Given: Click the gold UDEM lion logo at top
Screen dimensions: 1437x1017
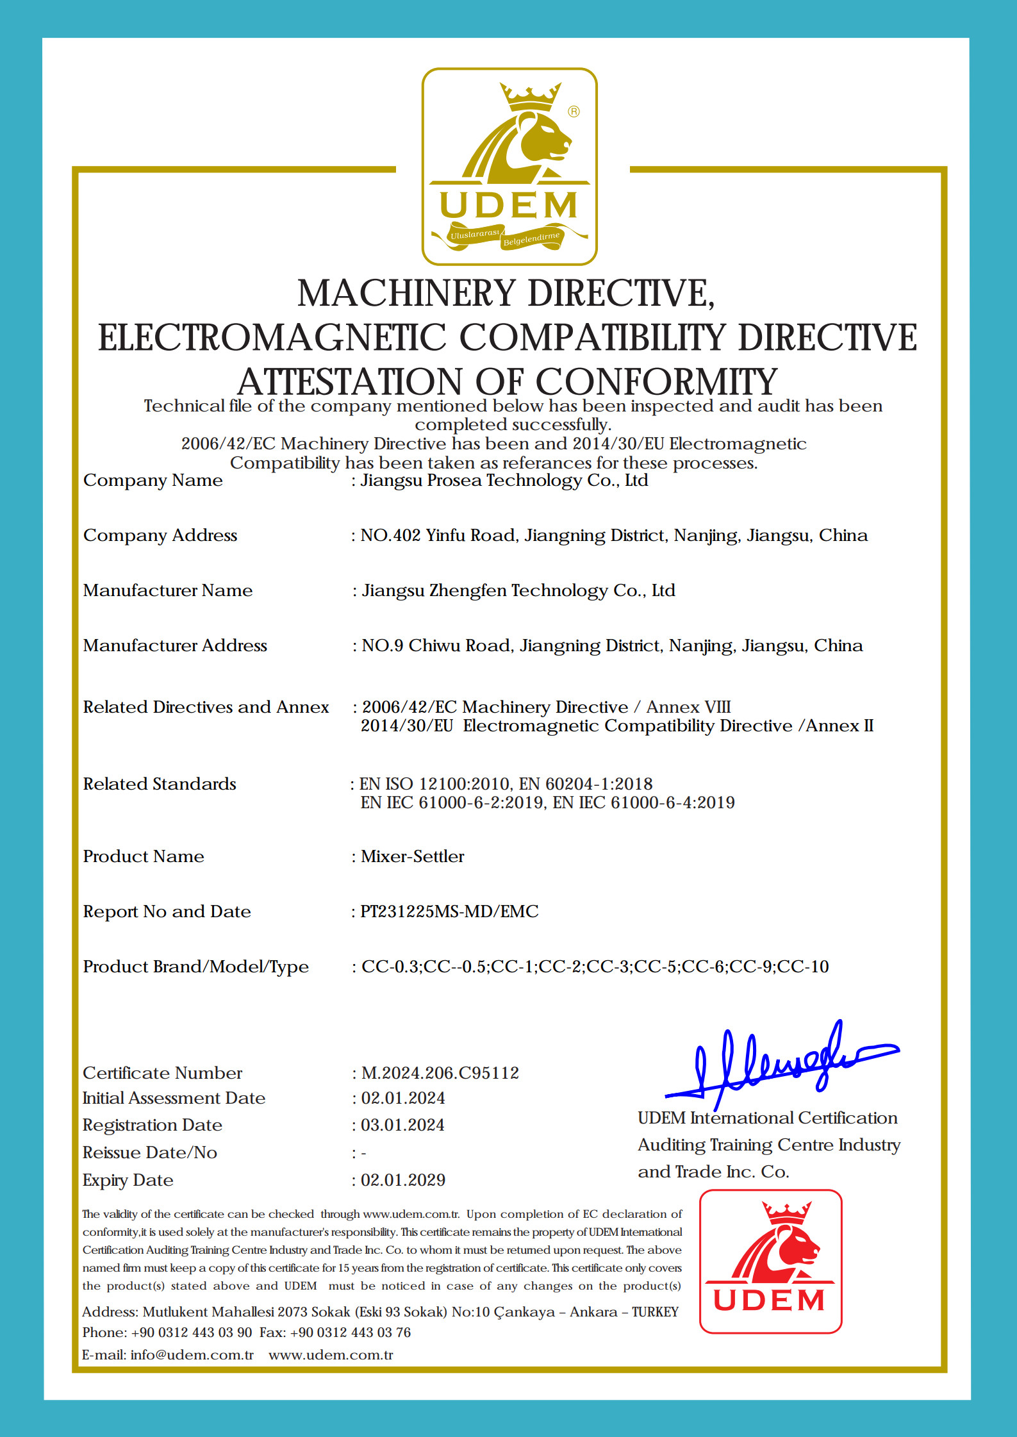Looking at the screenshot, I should tap(509, 166).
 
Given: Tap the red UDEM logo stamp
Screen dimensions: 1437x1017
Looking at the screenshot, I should tap(770, 1261).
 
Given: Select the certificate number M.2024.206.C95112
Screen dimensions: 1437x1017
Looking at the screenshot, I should tap(440, 1073).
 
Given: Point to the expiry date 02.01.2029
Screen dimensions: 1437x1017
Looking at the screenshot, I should tap(403, 1180).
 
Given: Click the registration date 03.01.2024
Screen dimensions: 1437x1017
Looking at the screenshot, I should tap(402, 1125).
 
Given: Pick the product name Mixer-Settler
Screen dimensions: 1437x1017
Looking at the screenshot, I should tap(413, 856).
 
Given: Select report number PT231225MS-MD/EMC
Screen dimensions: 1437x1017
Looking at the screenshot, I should tap(449, 911).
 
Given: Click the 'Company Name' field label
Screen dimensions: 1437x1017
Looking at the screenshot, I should tap(153, 480).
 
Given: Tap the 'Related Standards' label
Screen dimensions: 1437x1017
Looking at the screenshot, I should tap(160, 784).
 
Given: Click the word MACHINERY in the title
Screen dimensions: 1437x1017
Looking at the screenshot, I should tap(407, 294).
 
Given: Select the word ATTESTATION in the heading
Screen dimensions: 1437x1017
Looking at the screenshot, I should tap(350, 382).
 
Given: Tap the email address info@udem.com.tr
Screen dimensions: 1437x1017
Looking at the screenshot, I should tap(192, 1355).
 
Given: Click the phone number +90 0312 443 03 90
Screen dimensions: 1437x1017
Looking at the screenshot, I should tap(192, 1333).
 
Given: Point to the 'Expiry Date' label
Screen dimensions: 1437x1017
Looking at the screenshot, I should tap(128, 1180).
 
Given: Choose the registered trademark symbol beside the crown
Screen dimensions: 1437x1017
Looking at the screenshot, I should tap(574, 112).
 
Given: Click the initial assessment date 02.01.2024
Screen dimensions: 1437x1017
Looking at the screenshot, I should tap(403, 1098).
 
